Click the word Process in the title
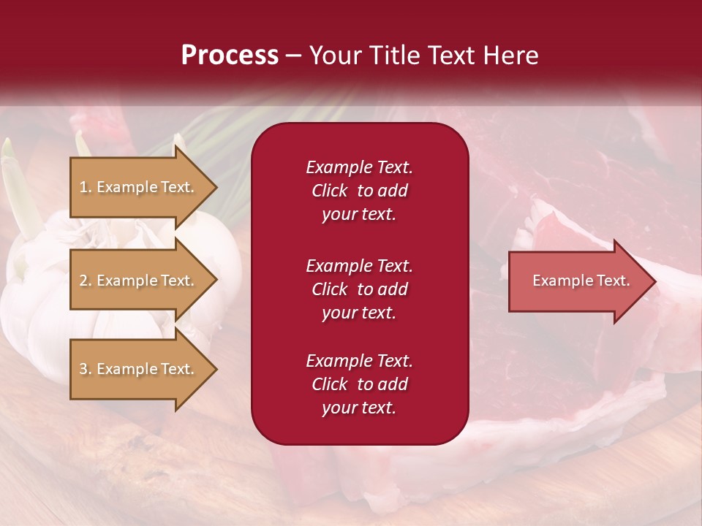230,56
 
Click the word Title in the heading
393,56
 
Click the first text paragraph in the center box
359,191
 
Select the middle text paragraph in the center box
359,289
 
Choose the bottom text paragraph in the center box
359,384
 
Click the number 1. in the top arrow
86,187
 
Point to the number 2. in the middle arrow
86,281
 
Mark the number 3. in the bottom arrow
86,369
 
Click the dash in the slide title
294,56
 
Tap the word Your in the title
335,56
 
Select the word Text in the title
451,56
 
